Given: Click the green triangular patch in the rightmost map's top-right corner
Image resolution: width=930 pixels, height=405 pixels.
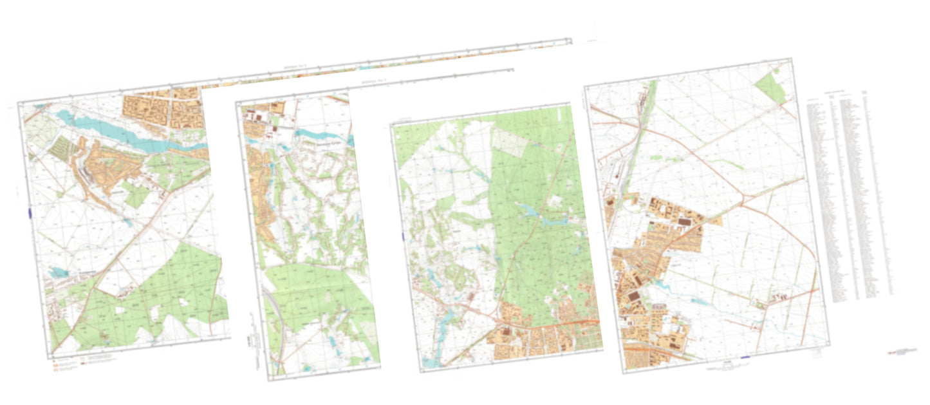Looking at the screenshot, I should (x=773, y=88).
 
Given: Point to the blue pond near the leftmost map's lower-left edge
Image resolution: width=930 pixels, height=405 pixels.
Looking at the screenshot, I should (x=59, y=273).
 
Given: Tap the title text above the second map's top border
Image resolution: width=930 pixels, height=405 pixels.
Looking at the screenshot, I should (x=373, y=81).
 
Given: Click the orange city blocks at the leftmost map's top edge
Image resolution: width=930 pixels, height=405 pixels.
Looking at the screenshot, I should (x=164, y=106).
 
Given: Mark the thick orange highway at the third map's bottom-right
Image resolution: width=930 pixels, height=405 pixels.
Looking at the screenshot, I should (x=579, y=323).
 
